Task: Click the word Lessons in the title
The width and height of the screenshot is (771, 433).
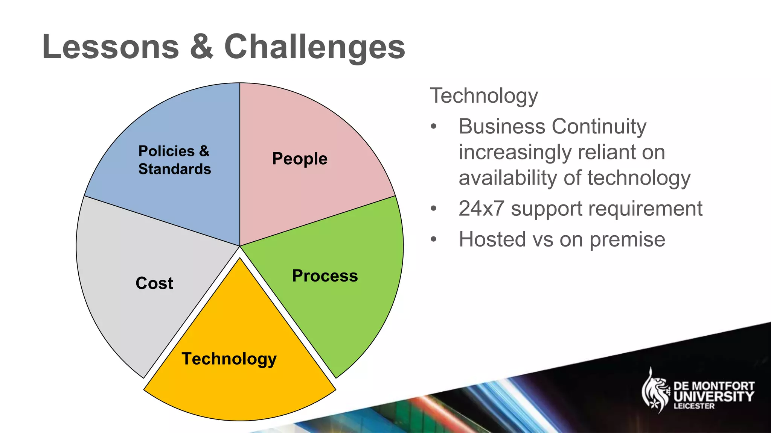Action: pos(110,47)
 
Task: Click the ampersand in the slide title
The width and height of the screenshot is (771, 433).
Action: pos(201,47)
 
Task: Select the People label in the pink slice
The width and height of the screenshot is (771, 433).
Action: pos(300,159)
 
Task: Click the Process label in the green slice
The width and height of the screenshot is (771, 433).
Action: pos(325,276)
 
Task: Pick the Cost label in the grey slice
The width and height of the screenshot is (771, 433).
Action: pos(154,283)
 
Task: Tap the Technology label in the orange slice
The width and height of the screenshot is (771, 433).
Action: pos(229,359)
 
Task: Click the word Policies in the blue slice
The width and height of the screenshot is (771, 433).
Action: pos(166,151)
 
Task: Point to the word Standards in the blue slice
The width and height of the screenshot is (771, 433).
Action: pos(174,169)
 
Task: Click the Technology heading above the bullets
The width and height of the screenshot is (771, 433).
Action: pos(484,96)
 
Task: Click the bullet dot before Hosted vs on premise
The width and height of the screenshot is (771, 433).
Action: pos(434,239)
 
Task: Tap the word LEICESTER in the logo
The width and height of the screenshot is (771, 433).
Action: pos(694,406)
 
